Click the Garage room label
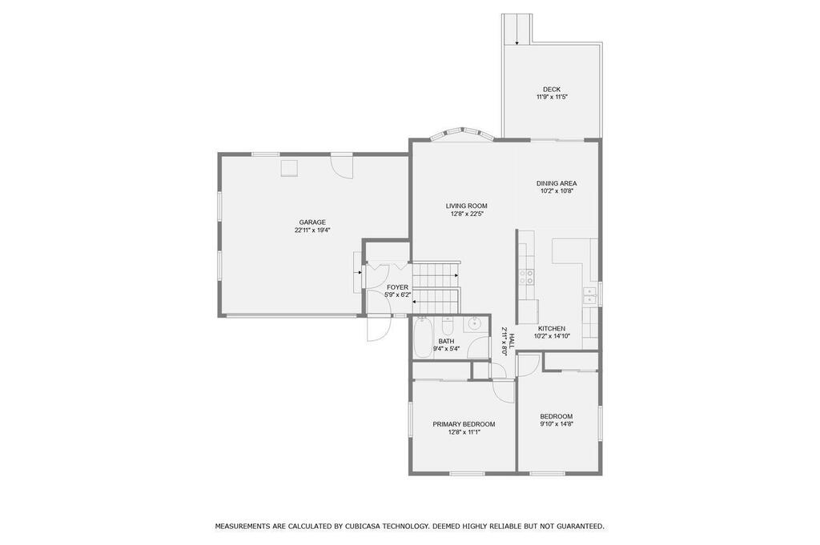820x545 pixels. point(312,222)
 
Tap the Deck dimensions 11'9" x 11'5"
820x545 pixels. point(552,97)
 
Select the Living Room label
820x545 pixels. point(467,206)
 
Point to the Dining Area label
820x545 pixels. point(557,183)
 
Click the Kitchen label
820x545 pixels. point(552,329)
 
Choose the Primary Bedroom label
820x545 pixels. point(464,424)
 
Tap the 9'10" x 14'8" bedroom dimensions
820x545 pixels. point(557,424)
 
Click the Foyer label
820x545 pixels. point(397,287)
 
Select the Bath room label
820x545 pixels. point(446,341)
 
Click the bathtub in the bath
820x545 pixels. point(421,338)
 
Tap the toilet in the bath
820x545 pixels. point(448,326)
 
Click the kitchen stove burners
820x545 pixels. point(526,276)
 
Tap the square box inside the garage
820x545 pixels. point(289,169)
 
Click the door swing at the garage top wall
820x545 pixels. point(342,167)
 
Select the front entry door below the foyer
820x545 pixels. point(378,328)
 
